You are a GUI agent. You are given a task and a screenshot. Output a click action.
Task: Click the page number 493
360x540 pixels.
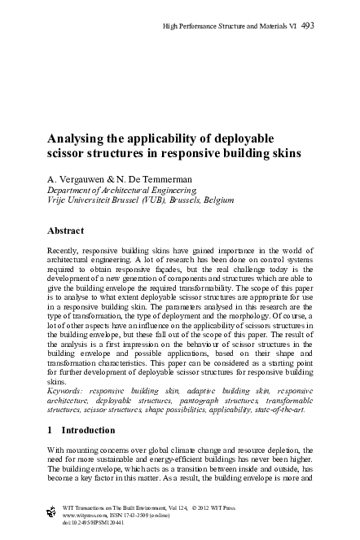click(x=307, y=26)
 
